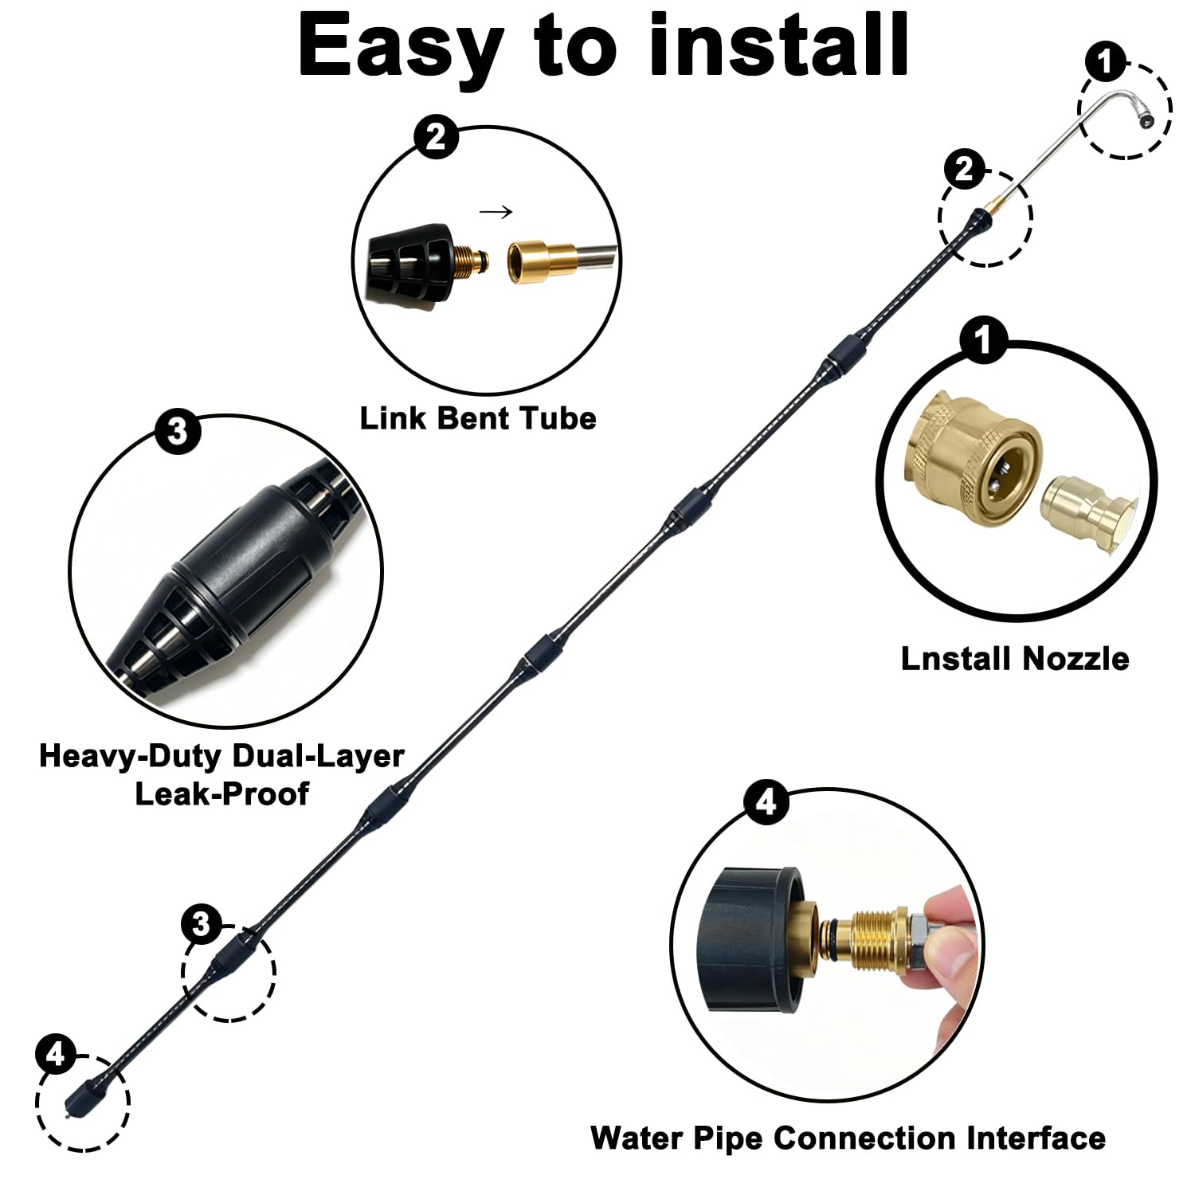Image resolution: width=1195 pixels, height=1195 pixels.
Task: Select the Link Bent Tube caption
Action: pos(478,418)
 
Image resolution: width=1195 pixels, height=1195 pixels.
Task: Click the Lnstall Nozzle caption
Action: pos(1015,659)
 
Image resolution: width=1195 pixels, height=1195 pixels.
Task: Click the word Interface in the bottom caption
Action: pos(1036,1138)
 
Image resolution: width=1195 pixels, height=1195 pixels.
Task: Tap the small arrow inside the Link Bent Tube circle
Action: pos(496,212)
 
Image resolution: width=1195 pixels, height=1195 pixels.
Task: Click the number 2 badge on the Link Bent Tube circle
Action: pos(436,138)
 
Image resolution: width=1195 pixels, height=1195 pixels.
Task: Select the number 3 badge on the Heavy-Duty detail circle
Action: pos(177,433)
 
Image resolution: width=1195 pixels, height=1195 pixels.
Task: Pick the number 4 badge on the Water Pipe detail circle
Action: pos(766,803)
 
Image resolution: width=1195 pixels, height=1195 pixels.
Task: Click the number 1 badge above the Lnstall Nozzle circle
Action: pos(984,340)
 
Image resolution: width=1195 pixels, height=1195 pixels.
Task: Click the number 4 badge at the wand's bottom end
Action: pos(55,1056)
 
